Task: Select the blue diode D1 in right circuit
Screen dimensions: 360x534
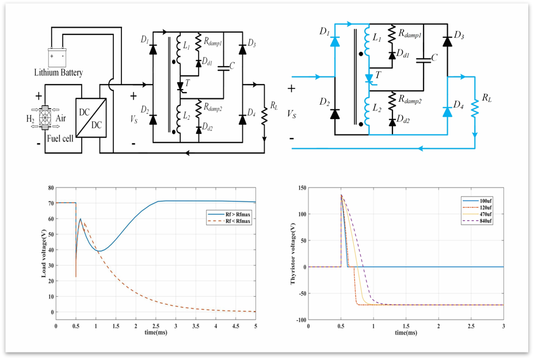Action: [x=334, y=41]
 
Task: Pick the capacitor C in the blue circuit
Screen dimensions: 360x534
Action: [x=423, y=58]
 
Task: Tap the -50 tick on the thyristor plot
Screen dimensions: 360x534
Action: [x=301, y=293]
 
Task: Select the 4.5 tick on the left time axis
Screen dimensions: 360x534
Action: [x=235, y=326]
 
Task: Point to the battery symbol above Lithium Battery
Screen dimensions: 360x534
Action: [x=57, y=57]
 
